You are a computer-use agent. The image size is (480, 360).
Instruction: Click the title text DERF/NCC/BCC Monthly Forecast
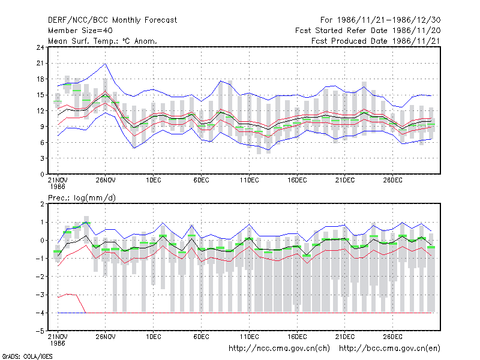112,20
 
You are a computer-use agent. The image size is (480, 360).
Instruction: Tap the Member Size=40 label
80,31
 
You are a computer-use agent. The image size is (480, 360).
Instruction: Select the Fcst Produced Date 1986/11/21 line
376,41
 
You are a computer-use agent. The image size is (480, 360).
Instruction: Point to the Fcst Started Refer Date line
368,31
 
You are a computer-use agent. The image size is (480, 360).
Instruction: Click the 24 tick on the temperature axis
40,47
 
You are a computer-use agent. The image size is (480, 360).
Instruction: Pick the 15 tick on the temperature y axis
40,95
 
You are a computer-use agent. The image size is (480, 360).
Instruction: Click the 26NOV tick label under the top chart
106,180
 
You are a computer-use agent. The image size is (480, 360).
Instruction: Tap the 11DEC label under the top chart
249,180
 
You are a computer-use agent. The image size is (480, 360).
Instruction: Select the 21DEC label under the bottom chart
344,337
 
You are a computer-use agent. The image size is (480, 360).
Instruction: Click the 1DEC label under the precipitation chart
154,337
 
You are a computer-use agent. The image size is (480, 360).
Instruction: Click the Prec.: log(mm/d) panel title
82,198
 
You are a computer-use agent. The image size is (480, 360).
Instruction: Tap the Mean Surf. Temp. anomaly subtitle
103,41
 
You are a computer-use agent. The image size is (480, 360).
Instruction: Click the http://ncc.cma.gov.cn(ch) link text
279,349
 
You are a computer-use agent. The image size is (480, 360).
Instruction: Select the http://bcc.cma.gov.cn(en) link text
389,349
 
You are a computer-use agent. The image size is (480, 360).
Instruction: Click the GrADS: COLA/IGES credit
27,356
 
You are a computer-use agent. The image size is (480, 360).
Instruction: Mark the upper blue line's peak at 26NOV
106,64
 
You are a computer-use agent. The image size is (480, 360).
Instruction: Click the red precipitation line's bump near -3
68,294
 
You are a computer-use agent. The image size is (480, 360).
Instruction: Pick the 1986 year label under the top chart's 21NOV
58,187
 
